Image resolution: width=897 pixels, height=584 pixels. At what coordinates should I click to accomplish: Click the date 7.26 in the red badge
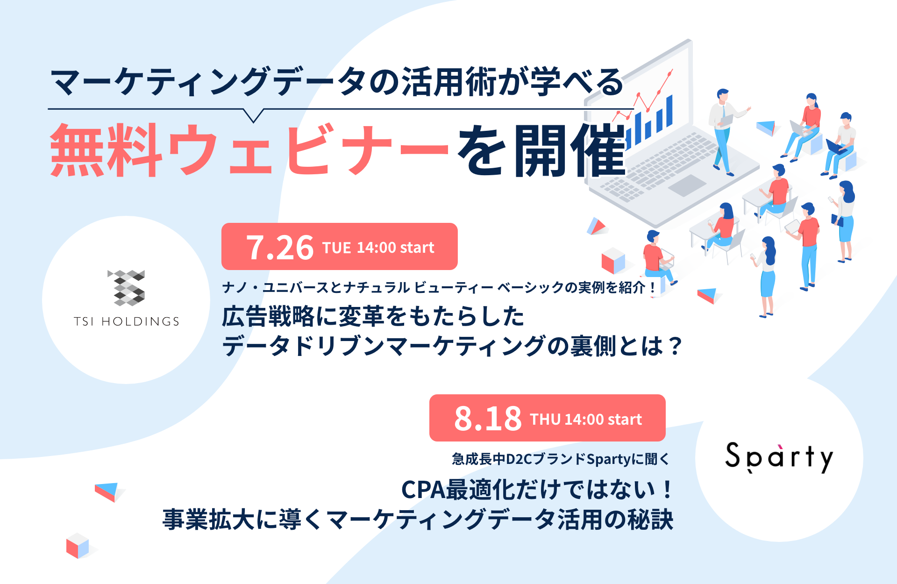(x=280, y=247)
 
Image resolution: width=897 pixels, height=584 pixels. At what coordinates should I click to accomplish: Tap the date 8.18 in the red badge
(x=488, y=419)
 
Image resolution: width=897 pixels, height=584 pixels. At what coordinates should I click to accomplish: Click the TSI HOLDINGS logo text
(x=127, y=321)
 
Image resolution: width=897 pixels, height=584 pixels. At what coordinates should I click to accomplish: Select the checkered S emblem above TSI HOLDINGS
(x=126, y=288)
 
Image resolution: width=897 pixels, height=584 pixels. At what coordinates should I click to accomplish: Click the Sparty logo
(x=779, y=457)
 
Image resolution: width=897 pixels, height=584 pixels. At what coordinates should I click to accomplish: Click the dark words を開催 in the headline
(x=541, y=150)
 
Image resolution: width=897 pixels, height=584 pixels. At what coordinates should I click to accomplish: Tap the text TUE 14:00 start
(x=378, y=247)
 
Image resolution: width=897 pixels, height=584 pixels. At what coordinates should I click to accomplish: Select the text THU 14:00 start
(x=586, y=419)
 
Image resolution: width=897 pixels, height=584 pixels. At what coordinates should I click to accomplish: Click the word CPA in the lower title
(x=423, y=490)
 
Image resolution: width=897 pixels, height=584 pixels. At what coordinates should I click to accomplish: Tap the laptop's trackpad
(x=687, y=185)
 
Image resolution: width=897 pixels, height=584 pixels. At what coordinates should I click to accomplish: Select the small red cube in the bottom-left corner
(x=78, y=546)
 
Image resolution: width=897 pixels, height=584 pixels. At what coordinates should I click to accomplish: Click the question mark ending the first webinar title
(x=675, y=347)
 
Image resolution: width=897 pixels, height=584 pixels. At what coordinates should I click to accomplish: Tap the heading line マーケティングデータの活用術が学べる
(x=337, y=82)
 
